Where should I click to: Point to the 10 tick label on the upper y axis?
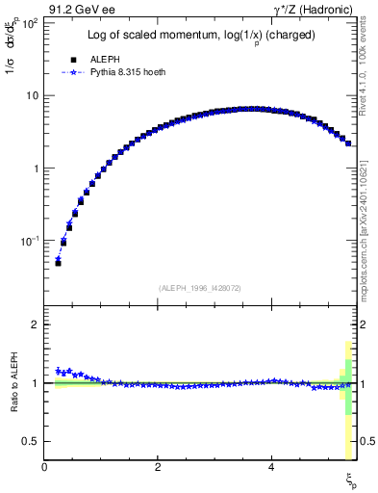pyautogui.click(x=32, y=95)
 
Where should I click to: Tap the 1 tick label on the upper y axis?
pyautogui.click(x=35, y=168)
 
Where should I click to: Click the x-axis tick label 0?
pyautogui.click(x=45, y=467)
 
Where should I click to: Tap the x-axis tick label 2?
pyautogui.click(x=158, y=467)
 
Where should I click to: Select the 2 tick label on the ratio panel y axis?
pyautogui.click(x=35, y=324)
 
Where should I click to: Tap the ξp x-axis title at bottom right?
pyautogui.click(x=350, y=479)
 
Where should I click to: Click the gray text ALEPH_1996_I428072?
pyautogui.click(x=199, y=288)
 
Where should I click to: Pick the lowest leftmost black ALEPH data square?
pyautogui.click(x=58, y=262)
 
